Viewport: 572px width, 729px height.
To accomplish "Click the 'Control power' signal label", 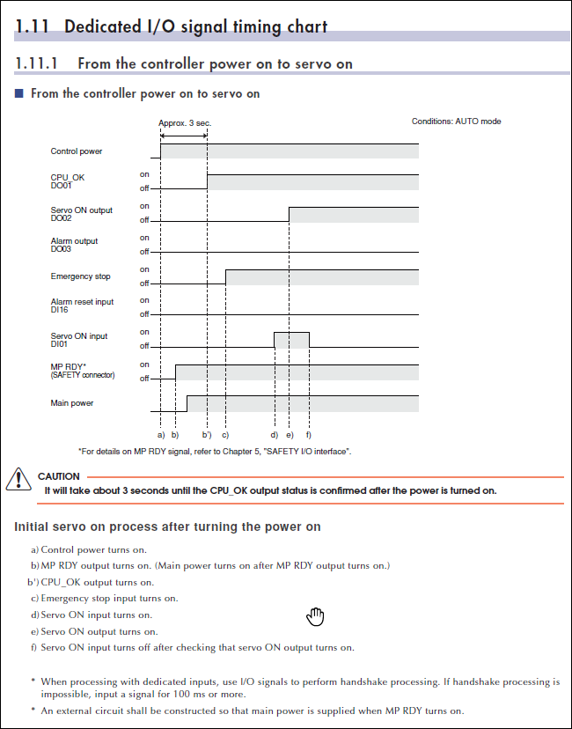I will [x=77, y=151].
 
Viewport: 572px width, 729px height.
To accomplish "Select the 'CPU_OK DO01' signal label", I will [x=68, y=181].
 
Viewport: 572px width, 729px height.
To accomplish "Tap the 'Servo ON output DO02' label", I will [x=82, y=213].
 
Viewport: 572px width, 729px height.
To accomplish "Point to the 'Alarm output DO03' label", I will [x=75, y=245].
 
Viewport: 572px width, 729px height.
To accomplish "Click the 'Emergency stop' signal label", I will [x=81, y=276].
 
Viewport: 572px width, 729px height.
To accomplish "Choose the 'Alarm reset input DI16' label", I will [x=83, y=306].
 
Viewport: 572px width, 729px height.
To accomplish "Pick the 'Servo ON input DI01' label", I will [x=79, y=340].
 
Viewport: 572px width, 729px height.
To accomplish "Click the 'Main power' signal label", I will [x=72, y=403].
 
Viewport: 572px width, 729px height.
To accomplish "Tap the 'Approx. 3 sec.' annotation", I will [x=185, y=123].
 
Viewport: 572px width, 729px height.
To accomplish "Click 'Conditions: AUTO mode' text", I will [x=456, y=121].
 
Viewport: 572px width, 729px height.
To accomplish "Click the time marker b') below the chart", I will [x=207, y=435].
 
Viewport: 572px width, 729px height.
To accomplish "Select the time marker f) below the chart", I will [x=309, y=435].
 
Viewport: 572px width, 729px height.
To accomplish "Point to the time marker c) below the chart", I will [x=225, y=435].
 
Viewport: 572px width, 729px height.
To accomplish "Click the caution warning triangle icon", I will [x=18, y=480].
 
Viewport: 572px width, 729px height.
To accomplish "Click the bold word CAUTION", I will [x=59, y=476].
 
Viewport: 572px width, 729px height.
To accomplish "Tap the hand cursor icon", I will [x=315, y=616].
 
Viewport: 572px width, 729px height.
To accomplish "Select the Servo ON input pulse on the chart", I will [x=291, y=340].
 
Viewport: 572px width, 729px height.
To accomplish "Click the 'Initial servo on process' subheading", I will [x=167, y=526].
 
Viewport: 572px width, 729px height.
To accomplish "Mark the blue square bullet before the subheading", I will [x=19, y=93].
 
